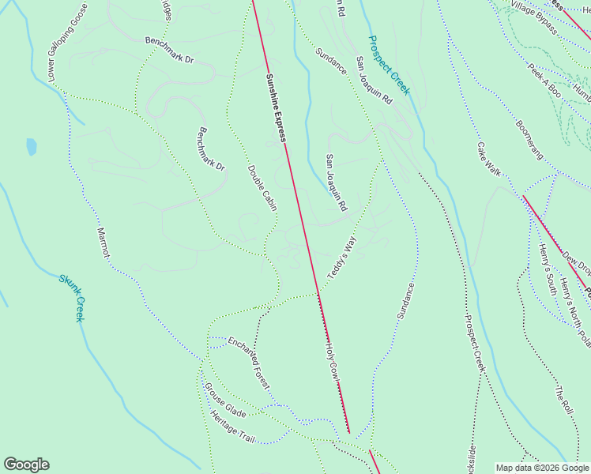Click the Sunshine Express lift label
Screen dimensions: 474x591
276,107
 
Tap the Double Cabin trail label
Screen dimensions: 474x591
262,188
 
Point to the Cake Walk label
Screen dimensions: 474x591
488,159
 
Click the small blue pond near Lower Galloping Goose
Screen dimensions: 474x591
31,146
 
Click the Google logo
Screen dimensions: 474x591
26,465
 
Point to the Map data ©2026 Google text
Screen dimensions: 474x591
542,468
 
